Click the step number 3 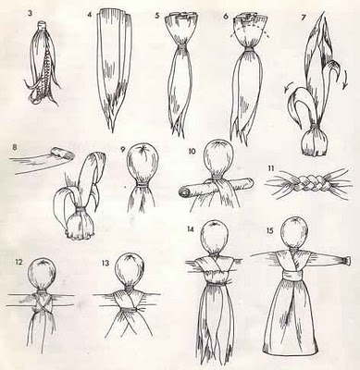(x=29, y=14)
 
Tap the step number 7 (x=304, y=18)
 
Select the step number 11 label (x=271, y=168)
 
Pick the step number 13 (x=106, y=263)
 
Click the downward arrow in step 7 (x=345, y=79)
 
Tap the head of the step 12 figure (x=43, y=273)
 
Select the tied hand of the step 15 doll (x=346, y=261)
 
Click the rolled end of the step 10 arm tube (x=184, y=193)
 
